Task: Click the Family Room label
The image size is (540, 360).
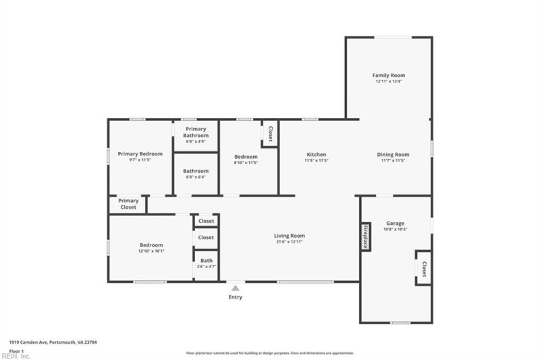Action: (x=389, y=75)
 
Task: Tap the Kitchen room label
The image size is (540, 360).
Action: (x=317, y=155)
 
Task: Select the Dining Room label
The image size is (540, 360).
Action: (x=393, y=155)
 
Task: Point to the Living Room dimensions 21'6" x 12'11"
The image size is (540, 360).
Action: (x=288, y=242)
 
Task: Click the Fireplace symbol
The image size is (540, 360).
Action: (x=365, y=237)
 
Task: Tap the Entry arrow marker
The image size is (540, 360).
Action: (x=235, y=288)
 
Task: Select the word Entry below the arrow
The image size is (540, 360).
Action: (x=235, y=297)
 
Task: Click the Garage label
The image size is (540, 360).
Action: (x=395, y=223)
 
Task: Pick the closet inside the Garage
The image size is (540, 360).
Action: (x=424, y=269)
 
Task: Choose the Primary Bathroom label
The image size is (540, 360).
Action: (x=196, y=132)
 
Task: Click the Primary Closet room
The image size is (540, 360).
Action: (x=128, y=203)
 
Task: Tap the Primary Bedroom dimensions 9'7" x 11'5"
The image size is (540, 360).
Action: (x=140, y=161)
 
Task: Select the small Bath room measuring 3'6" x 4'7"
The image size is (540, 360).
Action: (x=206, y=263)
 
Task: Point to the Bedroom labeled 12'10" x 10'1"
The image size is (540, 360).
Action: (x=151, y=248)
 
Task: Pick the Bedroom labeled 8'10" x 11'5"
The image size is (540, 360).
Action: (x=246, y=159)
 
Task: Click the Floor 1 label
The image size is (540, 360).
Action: (x=16, y=351)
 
